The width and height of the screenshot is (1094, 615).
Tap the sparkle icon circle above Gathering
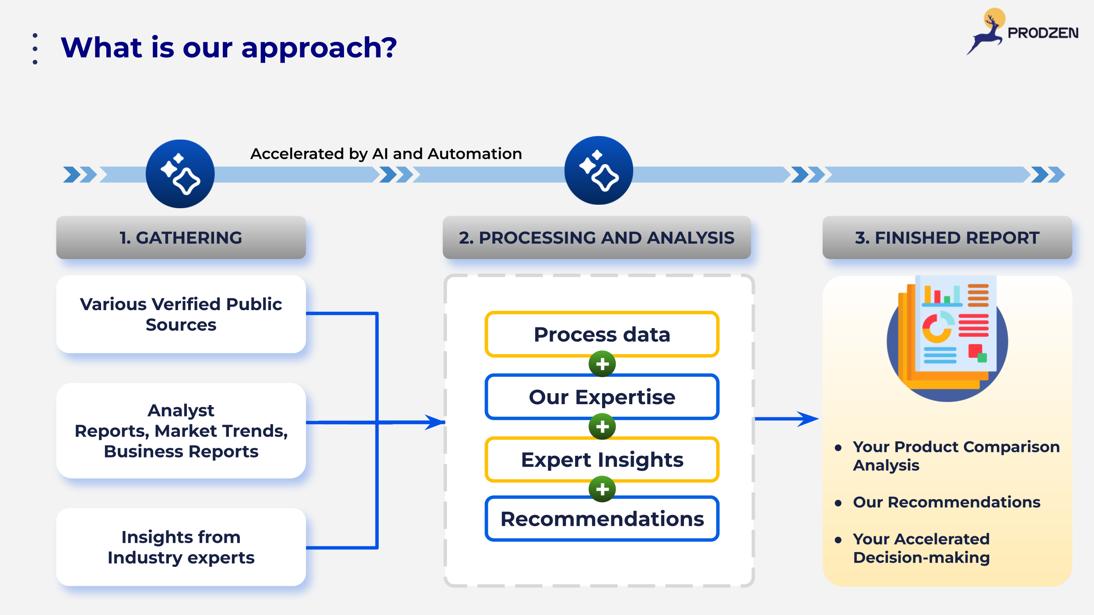[180, 174]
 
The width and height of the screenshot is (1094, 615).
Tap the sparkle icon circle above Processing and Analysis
[599, 170]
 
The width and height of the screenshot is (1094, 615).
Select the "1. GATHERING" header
[181, 238]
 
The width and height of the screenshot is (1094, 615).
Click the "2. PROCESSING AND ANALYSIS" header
[596, 238]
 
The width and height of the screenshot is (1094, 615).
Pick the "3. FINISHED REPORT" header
[947, 238]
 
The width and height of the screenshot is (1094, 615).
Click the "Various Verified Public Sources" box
[181, 314]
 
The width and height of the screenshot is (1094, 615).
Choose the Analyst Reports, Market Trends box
[181, 431]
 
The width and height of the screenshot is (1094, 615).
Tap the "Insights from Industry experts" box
[181, 547]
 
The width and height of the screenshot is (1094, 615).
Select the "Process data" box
[602, 335]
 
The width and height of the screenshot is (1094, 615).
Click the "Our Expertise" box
[602, 397]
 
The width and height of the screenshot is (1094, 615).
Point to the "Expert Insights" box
[602, 460]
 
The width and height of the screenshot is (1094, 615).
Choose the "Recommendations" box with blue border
[602, 519]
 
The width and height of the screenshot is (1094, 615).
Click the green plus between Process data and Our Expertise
[602, 364]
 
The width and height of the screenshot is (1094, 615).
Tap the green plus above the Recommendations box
[602, 489]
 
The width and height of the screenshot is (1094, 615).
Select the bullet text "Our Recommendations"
[946, 502]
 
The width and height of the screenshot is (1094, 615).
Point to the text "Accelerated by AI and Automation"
[386, 154]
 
